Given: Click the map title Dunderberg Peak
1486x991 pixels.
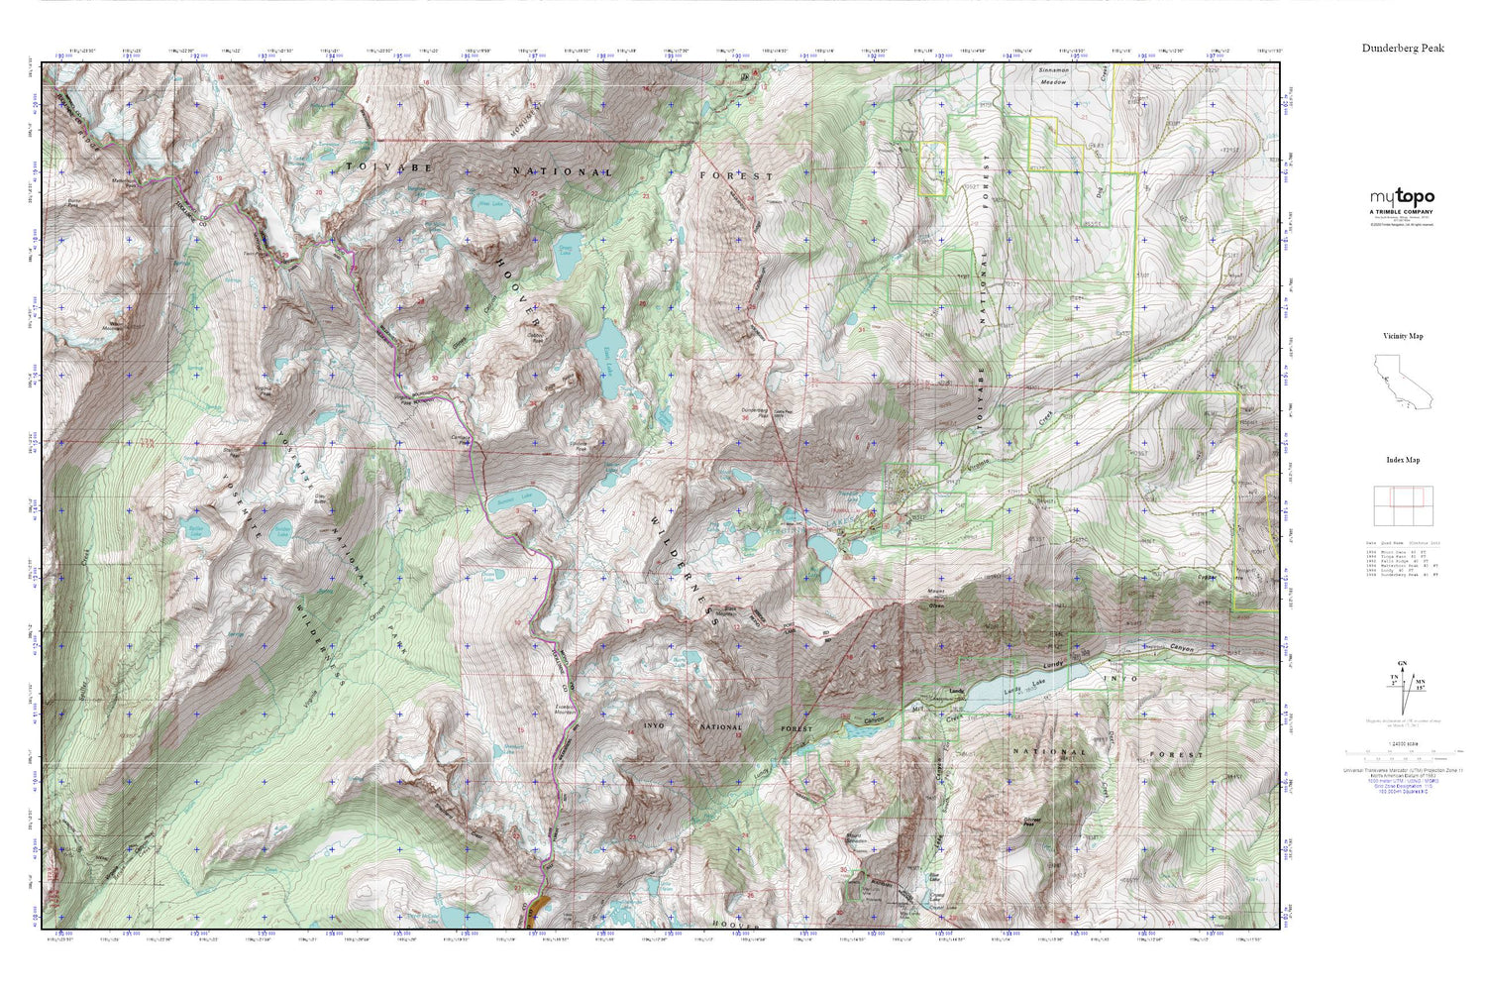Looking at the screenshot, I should [x=1403, y=48].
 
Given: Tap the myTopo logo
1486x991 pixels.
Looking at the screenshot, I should [x=1402, y=197].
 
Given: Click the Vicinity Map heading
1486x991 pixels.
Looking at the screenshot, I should [x=1403, y=336].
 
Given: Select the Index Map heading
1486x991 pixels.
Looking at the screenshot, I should [x=1403, y=460].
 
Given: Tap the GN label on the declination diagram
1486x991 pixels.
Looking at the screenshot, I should [x=1400, y=663].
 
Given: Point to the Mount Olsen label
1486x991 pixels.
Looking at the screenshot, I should [x=934, y=595].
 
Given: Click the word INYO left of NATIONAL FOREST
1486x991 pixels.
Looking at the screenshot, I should [x=644, y=727].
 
